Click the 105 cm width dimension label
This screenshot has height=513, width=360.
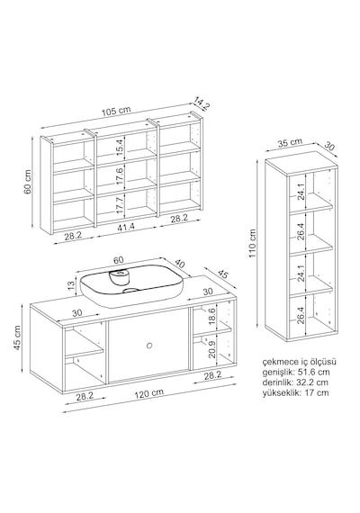(116, 111)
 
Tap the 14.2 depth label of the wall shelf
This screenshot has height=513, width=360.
(202, 103)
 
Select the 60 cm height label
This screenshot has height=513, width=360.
(28, 182)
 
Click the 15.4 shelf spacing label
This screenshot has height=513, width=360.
(120, 147)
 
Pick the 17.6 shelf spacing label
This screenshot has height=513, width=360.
(120, 175)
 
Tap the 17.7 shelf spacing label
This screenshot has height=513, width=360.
(120, 205)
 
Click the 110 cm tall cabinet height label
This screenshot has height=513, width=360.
(252, 243)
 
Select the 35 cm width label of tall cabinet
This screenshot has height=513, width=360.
(290, 143)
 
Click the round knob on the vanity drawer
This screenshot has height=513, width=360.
(149, 345)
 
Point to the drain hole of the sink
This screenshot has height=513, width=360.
(131, 290)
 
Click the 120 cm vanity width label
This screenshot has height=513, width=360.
(149, 393)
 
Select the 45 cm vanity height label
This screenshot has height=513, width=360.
(17, 337)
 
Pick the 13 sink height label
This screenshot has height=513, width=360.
(71, 286)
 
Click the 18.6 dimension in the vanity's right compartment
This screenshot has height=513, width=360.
(211, 316)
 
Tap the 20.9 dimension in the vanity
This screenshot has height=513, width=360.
(211, 348)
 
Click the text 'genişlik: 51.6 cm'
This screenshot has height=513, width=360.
(296, 372)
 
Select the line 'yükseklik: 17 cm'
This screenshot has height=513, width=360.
(295, 392)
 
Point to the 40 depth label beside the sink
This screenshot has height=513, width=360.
(181, 264)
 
